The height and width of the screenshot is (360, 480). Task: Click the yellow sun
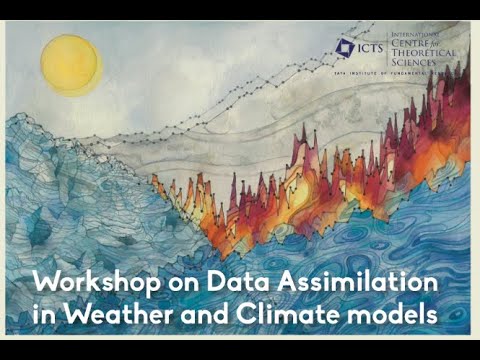click(x=71, y=64)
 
